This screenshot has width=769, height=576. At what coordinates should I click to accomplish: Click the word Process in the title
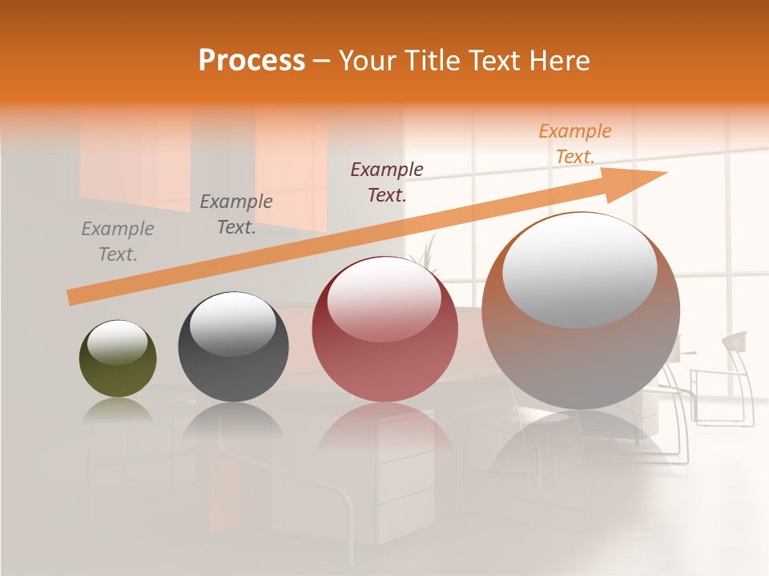coord(252,60)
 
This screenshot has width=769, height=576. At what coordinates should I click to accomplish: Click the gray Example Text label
coord(118,242)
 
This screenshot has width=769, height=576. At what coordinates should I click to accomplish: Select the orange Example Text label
coord(574,144)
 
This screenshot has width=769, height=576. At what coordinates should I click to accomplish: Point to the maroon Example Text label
coord(387,182)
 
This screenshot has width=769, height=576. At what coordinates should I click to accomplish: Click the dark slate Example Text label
coord(236,214)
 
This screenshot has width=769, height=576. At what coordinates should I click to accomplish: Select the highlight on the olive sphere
coord(118,342)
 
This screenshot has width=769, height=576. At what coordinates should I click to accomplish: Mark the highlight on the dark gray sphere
coord(232,322)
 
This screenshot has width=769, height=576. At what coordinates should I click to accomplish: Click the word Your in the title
coord(368,60)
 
